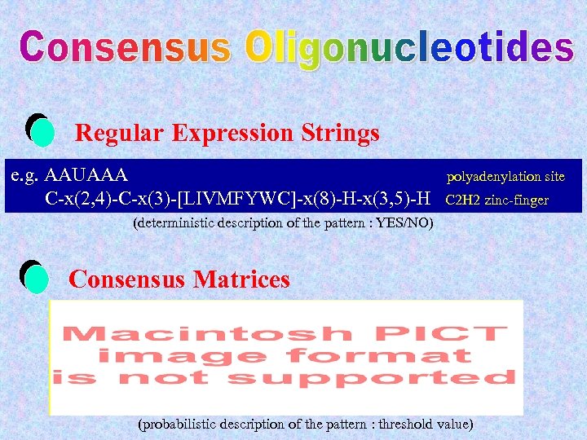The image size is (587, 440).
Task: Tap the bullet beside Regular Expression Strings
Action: point(40,130)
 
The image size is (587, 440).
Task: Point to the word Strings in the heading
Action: point(338,133)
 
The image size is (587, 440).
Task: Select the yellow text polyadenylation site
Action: point(505,176)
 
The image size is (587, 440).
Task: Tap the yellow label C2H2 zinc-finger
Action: point(497,200)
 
